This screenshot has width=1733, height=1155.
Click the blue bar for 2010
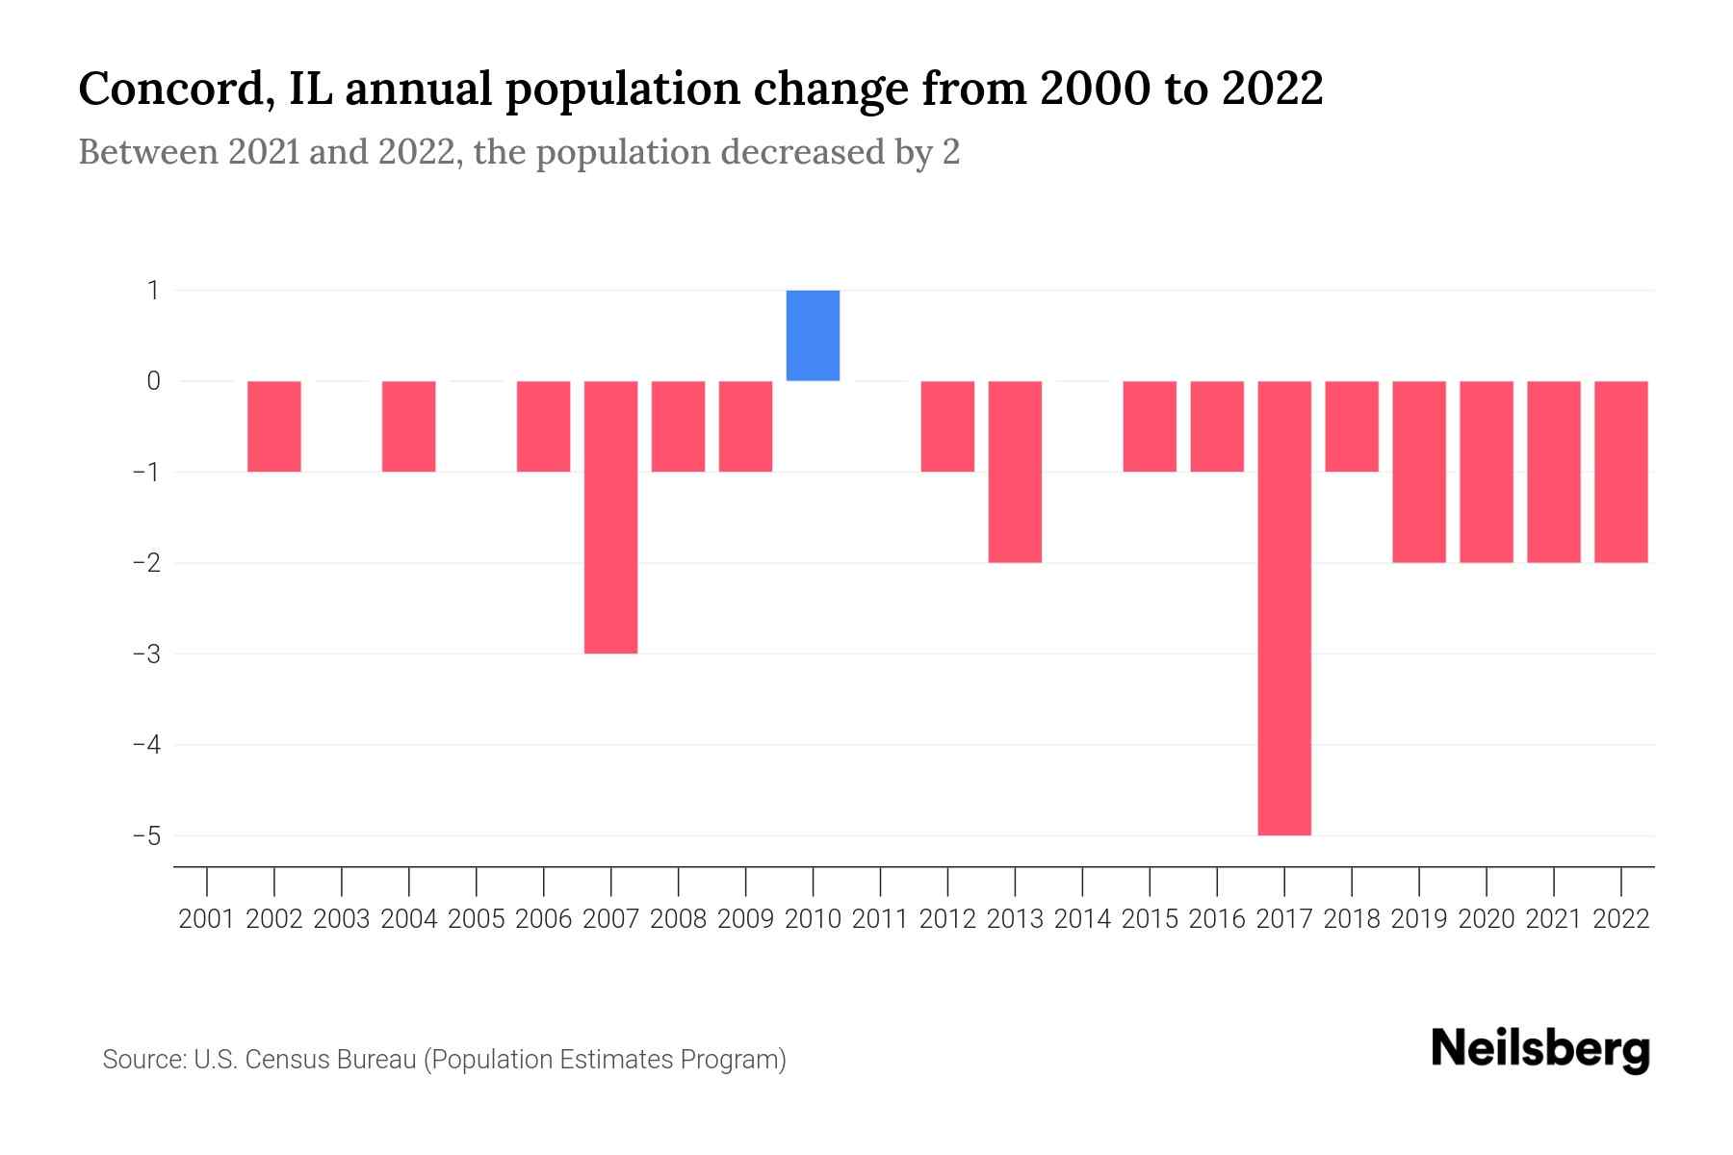coord(813,335)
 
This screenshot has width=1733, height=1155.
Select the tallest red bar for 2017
coord(1284,607)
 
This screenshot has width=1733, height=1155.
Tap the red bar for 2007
coord(610,517)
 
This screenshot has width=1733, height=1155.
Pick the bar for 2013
coord(1015,472)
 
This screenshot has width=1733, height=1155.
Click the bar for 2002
coord(274,426)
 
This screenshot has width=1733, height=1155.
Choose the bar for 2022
coord(1620,472)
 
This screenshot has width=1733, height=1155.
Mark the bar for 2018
coord(1352,426)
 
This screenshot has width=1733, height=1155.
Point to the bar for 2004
coord(409,426)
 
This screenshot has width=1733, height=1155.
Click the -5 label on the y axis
coord(146,835)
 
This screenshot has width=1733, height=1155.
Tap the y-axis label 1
coord(153,290)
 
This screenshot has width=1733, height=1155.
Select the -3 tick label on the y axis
coord(146,654)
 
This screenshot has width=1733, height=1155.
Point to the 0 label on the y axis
coord(153,381)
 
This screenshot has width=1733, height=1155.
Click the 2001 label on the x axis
coord(207,919)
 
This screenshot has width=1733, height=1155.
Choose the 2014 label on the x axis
coord(1082,919)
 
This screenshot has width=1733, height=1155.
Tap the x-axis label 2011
coord(880,919)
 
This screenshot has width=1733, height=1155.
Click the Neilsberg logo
coord(1540,1049)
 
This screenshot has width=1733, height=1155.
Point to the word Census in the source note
coord(281,1060)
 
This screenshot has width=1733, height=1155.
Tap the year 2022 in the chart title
coord(1273,90)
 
